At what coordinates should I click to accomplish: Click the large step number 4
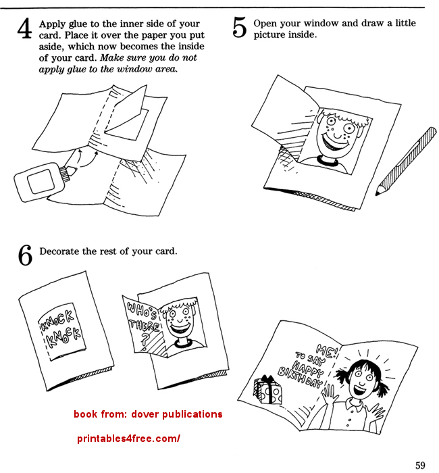(x=25, y=28)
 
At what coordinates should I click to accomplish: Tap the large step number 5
(x=240, y=28)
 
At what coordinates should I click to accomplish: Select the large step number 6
(x=25, y=255)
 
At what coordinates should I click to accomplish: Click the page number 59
(x=420, y=465)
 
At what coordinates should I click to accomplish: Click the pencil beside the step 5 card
(x=406, y=161)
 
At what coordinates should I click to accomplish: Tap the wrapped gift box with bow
(x=268, y=390)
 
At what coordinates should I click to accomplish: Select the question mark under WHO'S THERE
(x=145, y=340)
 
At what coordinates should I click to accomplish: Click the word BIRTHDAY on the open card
(x=301, y=377)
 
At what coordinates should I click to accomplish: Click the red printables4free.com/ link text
(x=128, y=439)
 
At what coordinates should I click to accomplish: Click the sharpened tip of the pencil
(x=377, y=193)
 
